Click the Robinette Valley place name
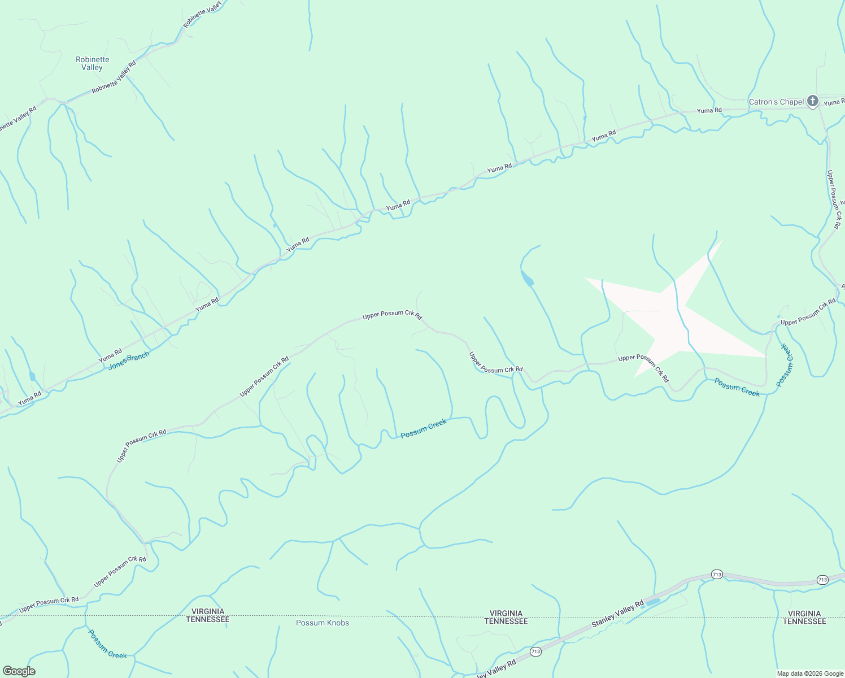[92, 63]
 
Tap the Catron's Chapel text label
[776, 102]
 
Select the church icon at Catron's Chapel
[812, 101]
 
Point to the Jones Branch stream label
[129, 360]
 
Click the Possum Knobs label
[323, 623]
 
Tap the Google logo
[19, 671]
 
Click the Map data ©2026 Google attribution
[809, 673]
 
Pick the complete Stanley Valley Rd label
[617, 614]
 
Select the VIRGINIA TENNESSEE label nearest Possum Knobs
[208, 615]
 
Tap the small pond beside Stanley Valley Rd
[652, 602]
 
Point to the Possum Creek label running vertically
[785, 365]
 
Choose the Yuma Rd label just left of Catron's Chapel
[709, 110]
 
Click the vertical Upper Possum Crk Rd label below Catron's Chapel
[834, 199]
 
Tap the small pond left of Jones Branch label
[32, 376]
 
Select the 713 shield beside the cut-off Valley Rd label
[535, 652]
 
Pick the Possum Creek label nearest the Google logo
[107, 645]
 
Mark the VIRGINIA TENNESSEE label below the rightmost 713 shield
[804, 618]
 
